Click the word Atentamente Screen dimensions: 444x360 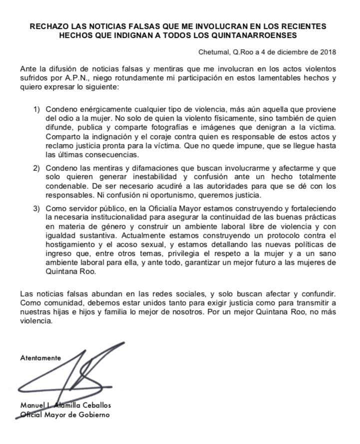pos(40,358)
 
